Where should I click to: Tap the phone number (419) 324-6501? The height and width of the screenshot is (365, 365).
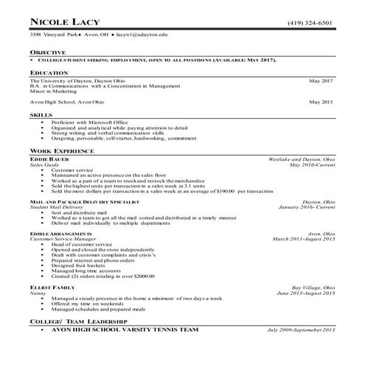click(310, 22)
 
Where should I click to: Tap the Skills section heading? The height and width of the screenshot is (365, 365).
click(41, 116)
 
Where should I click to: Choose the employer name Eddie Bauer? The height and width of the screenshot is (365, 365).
click(49, 159)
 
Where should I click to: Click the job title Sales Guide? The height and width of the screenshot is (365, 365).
click(44, 164)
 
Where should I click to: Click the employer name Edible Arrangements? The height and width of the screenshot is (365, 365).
click(61, 234)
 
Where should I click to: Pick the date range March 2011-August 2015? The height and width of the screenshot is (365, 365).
click(304, 239)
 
